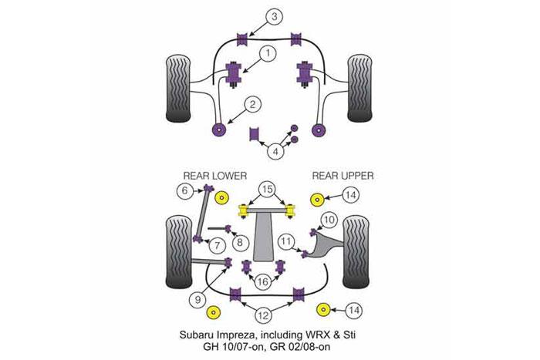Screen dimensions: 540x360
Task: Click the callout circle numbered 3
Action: pos(274,17)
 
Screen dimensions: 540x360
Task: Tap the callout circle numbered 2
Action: pos(253,104)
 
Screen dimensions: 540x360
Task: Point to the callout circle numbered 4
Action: pos(275,151)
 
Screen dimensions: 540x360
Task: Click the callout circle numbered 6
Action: pos(185,190)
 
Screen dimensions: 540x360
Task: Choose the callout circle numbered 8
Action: pos(240,242)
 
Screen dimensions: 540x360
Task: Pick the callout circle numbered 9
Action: pos(197,300)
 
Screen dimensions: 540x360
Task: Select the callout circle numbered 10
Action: pos(329,220)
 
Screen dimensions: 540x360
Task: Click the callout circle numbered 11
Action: pos(286,241)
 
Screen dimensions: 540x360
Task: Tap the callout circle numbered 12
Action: pos(263,315)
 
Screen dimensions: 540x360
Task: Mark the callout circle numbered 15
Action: pos(267,189)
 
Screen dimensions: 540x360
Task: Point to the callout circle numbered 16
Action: pos(262,282)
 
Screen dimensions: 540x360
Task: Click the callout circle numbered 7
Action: pos(218,245)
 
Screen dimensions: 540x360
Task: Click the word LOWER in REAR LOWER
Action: pos(229,176)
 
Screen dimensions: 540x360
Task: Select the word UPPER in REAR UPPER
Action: pos(356,176)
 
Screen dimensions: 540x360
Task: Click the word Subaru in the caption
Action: pos(196,335)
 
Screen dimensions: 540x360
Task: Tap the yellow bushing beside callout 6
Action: pos(221,198)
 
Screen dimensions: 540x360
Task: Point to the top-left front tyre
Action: pos(178,89)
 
